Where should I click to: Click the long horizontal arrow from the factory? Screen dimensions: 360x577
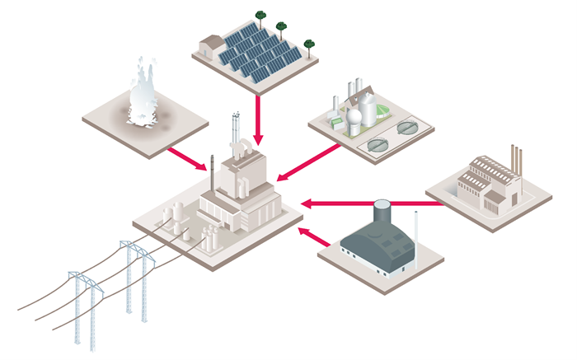point(371,200)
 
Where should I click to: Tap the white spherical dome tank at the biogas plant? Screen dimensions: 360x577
point(353,120)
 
